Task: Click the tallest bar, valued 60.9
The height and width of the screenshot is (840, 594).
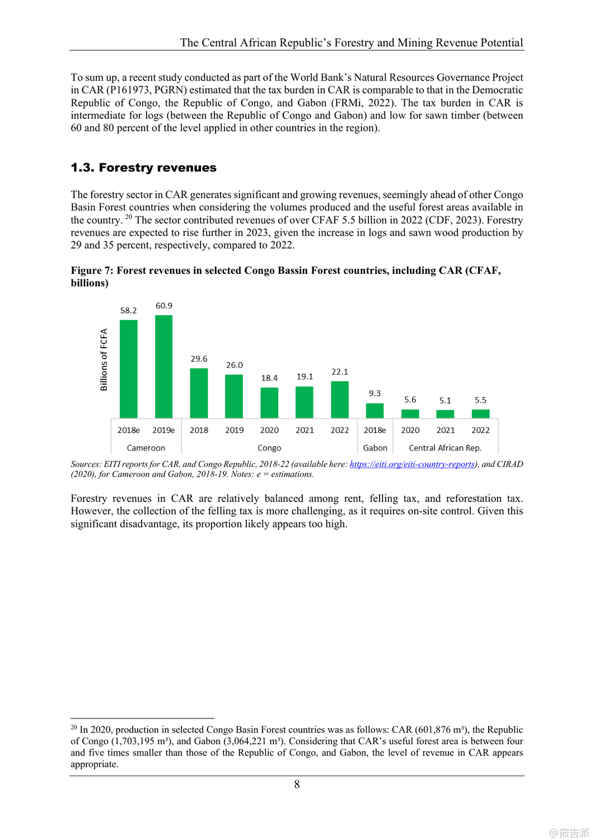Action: pyautogui.click(x=163, y=366)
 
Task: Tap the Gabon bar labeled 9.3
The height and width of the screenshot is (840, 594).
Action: pyautogui.click(x=375, y=410)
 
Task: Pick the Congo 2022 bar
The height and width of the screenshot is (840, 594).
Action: pyautogui.click(x=340, y=399)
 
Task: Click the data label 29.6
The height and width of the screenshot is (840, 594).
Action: pyautogui.click(x=199, y=359)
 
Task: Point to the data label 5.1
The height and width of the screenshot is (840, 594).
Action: pyautogui.click(x=445, y=400)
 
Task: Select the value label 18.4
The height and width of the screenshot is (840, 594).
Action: pyautogui.click(x=269, y=378)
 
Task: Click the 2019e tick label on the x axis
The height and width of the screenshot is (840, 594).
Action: pyautogui.click(x=163, y=430)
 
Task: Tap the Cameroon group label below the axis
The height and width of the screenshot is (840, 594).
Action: pyautogui.click(x=146, y=448)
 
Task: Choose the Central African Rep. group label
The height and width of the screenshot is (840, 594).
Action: pyautogui.click(x=445, y=448)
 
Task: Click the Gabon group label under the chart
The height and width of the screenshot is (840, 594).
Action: pyautogui.click(x=375, y=448)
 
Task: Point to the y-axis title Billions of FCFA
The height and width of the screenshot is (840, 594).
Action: pyautogui.click(x=104, y=360)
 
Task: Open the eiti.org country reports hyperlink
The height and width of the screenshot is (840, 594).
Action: pyautogui.click(x=412, y=464)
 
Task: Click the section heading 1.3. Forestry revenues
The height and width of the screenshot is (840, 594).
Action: pyautogui.click(x=143, y=167)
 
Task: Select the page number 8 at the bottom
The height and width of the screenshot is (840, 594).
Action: pyautogui.click(x=297, y=785)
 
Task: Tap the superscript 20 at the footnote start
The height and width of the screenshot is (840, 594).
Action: pyautogui.click(x=74, y=727)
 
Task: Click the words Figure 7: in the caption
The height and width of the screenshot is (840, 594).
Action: pyautogui.click(x=92, y=270)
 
